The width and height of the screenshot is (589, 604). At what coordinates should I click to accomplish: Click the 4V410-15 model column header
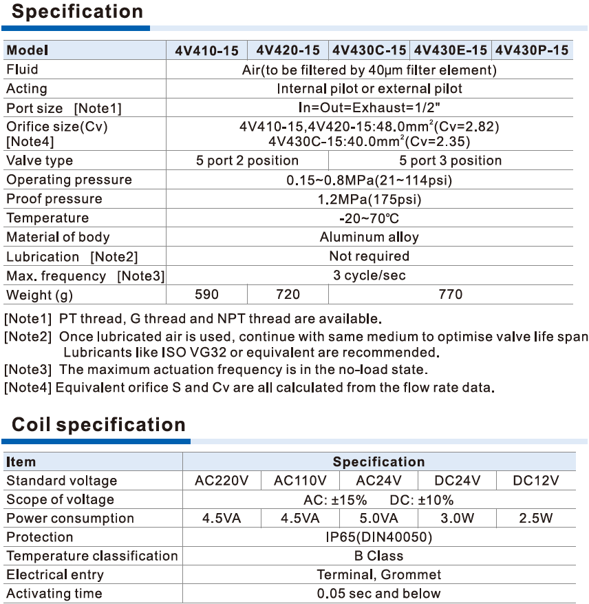[206, 50]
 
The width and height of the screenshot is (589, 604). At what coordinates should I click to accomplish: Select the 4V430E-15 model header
[451, 50]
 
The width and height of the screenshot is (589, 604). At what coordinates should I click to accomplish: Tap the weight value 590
[206, 294]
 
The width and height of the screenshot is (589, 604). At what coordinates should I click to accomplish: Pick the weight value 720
[288, 294]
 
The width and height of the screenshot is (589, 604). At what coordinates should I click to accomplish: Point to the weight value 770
[451, 294]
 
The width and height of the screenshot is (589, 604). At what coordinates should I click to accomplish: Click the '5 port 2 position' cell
[247, 160]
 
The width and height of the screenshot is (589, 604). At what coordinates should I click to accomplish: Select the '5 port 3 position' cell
[451, 160]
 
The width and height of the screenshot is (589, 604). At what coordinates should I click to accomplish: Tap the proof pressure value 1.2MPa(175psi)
[370, 199]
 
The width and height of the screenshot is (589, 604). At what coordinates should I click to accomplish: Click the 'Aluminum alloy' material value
[370, 237]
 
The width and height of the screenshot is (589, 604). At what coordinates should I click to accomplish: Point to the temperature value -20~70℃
[370, 218]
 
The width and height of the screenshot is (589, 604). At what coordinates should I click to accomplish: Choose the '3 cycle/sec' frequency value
[370, 275]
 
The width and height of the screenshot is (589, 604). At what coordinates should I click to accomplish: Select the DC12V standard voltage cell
[536, 481]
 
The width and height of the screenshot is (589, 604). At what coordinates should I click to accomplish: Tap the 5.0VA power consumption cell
[379, 519]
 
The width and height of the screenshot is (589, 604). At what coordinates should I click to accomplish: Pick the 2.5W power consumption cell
[536, 519]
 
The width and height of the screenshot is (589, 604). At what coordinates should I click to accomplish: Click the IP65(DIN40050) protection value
[379, 537]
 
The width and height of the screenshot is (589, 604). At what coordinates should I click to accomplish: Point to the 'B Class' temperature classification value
[379, 556]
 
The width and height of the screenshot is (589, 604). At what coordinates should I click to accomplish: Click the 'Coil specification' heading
[98, 424]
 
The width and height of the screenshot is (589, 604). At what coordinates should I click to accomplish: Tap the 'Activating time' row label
[54, 594]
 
